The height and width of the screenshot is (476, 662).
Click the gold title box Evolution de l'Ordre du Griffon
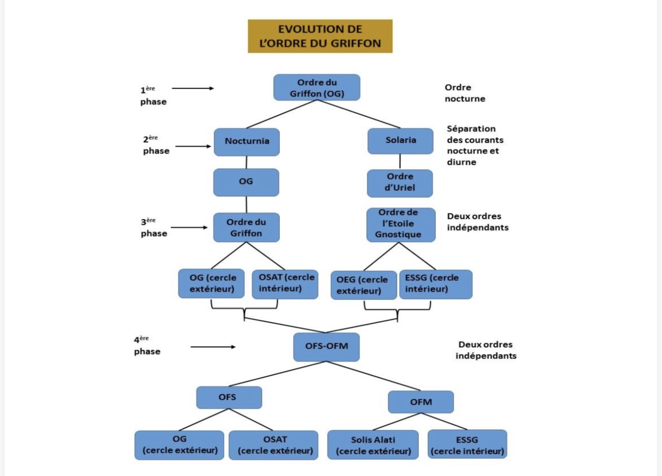point(320,36)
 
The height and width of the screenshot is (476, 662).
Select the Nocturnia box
point(247,141)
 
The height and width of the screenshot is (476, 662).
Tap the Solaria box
point(400,140)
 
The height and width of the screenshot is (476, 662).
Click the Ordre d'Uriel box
point(400,182)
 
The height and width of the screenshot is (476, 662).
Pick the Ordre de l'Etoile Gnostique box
point(400,224)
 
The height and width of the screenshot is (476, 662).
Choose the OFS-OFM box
point(326,346)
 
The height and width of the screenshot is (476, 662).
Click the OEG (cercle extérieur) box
point(364,285)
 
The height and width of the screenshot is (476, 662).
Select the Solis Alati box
point(373,445)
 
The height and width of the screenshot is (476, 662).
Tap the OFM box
point(421,402)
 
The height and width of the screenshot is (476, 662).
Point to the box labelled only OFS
point(229,397)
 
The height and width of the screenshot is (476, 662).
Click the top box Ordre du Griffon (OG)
point(316,88)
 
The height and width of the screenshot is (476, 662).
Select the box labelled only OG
point(246,182)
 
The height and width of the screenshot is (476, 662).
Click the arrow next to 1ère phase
point(193,89)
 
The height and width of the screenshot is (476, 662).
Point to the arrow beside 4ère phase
point(213,347)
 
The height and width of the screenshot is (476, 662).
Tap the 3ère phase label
point(153,227)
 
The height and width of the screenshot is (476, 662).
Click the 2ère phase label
point(155,145)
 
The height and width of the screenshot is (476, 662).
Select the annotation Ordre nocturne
point(464,93)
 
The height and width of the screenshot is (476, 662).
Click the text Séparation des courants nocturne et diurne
point(474,145)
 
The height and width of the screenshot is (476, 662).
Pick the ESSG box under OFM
point(467,445)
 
